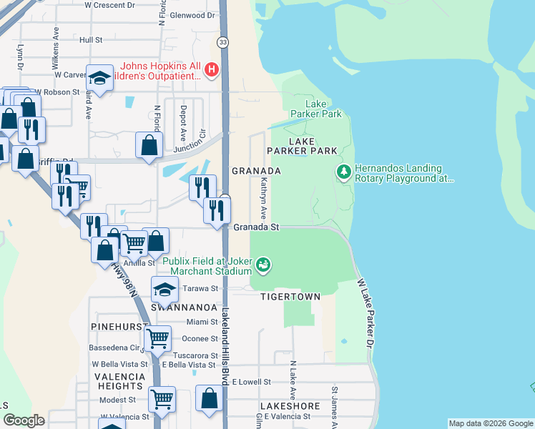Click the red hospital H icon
[211, 69]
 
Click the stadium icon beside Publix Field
[263, 265]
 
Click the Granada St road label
[255, 227]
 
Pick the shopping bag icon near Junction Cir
[148, 147]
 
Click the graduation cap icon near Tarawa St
[164, 290]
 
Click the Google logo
[24, 420]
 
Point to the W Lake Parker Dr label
[370, 315]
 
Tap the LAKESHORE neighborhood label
[290, 405]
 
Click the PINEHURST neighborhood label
[114, 325]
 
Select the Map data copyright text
[490, 423]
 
